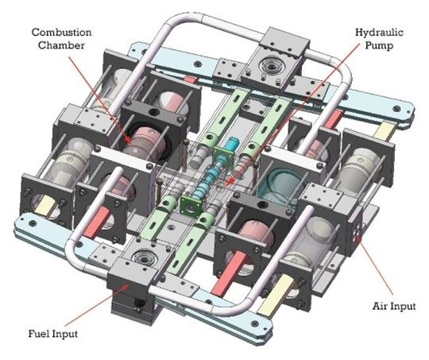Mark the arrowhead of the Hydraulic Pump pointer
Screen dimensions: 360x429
[231, 184]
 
